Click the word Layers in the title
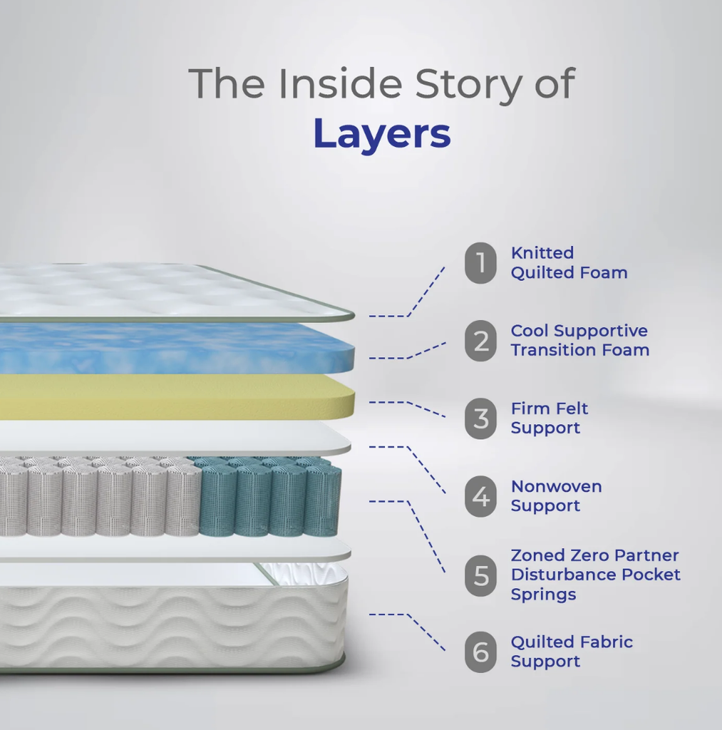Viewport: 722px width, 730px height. click(x=382, y=134)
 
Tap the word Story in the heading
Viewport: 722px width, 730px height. click(x=468, y=84)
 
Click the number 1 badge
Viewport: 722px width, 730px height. click(x=480, y=262)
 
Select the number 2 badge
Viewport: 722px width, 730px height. click(x=480, y=340)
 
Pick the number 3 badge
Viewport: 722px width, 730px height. click(x=480, y=418)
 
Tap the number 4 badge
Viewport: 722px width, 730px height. click(x=480, y=496)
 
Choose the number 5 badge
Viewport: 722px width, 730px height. click(x=480, y=575)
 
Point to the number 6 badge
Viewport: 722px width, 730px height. click(x=480, y=652)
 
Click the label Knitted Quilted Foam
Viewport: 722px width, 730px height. click(x=569, y=262)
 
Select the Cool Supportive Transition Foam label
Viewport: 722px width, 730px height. click(x=580, y=340)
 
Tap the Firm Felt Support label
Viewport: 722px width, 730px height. click(x=550, y=418)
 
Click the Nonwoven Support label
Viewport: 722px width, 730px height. click(x=556, y=496)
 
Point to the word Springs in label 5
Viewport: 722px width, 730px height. click(x=543, y=595)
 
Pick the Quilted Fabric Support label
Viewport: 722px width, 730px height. click(x=572, y=652)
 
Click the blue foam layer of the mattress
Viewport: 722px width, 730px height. click(x=177, y=348)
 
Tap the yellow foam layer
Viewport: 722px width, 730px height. click(x=177, y=397)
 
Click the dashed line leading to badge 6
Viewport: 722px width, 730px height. click(x=407, y=632)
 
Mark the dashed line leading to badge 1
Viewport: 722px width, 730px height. click(x=407, y=292)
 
